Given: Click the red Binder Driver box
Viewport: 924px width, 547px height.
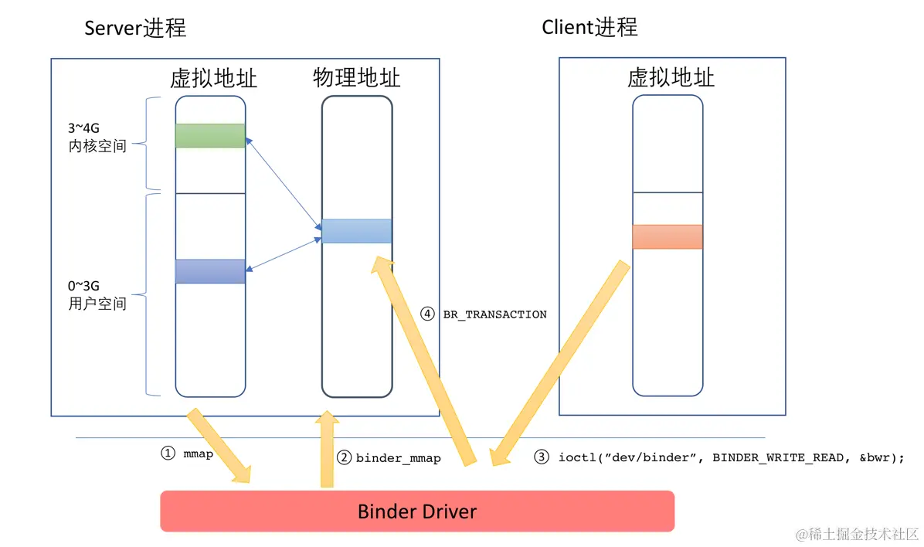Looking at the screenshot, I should (x=417, y=511).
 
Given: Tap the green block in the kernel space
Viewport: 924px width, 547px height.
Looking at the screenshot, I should (x=210, y=135).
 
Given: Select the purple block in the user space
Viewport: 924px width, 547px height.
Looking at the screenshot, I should (x=210, y=271).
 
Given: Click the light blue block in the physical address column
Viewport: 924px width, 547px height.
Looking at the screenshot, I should (x=356, y=231).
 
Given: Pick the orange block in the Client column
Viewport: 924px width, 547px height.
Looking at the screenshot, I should (x=667, y=236).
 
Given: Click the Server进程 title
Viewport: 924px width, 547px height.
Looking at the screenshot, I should (x=135, y=29).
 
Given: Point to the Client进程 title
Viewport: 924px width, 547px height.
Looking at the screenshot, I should (x=589, y=27).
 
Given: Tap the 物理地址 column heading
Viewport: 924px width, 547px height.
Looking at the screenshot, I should (x=356, y=77).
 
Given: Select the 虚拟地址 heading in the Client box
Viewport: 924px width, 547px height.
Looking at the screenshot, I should (x=670, y=77).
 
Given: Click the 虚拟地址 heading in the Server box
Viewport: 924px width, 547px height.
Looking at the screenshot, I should (x=213, y=78).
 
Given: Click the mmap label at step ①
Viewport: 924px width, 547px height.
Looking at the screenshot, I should (x=198, y=454).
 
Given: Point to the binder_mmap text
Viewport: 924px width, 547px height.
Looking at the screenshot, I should (x=398, y=458).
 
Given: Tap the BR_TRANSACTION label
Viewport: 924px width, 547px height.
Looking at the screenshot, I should (x=494, y=314).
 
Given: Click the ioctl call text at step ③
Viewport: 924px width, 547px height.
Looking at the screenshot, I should (x=730, y=457).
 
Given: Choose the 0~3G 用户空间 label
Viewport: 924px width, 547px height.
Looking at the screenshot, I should (x=97, y=297).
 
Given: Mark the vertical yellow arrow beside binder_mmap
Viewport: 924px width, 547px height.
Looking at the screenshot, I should (x=327, y=452).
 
